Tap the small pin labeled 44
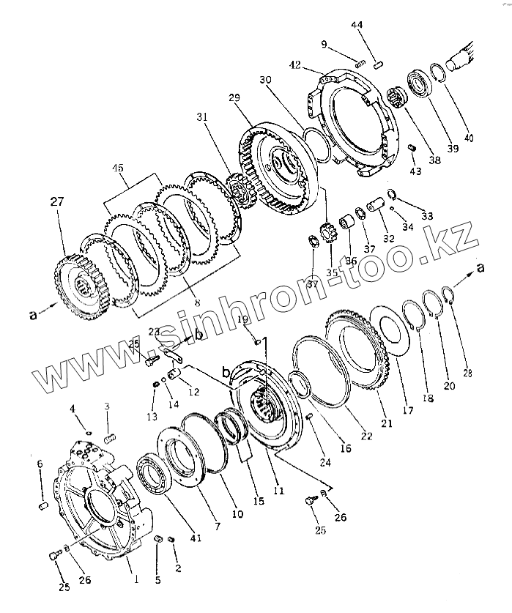coord(379,64)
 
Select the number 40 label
coord(468,137)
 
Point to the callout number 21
coord(387,423)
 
